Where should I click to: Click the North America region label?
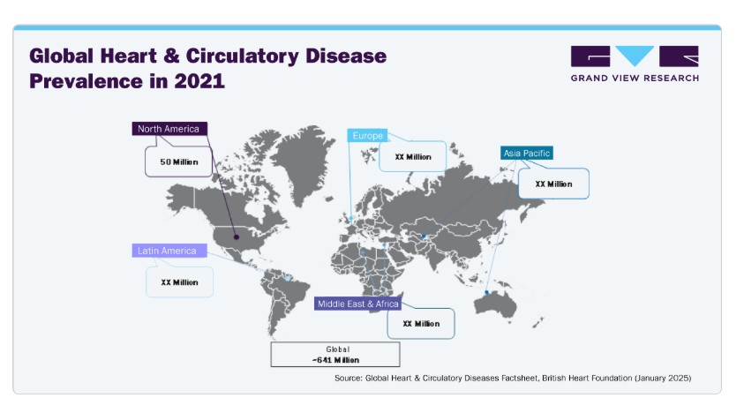point(169,129)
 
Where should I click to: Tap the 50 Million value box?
point(178,161)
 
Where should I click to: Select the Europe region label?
point(367,136)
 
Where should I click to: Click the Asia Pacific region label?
point(527,154)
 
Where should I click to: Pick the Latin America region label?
point(169,251)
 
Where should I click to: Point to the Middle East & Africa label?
point(357,304)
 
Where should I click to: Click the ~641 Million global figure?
point(335,360)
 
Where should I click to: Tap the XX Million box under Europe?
point(413,156)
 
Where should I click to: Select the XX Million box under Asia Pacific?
point(553,184)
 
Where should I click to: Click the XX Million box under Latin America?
point(179,282)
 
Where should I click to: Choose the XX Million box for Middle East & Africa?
point(421,324)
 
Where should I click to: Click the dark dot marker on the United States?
point(237,237)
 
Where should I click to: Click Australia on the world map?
point(495,304)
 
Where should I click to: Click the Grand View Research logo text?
point(635,79)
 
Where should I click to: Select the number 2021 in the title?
point(199,80)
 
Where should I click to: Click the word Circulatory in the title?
point(243,56)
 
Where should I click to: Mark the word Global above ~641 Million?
point(337,349)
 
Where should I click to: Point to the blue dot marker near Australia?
point(486,292)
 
